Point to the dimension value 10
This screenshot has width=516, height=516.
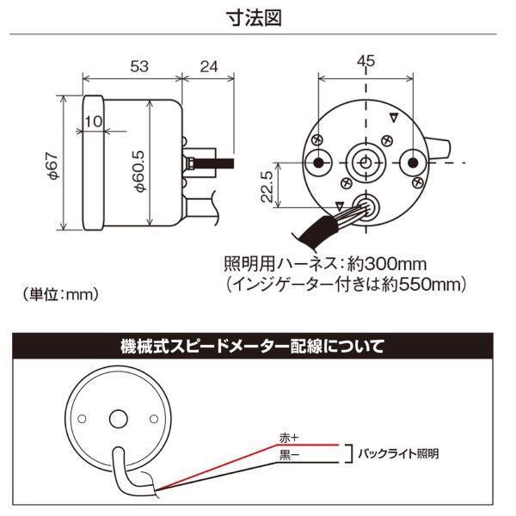(x=95, y=122)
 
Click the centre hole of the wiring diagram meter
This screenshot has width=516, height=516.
(x=114, y=419)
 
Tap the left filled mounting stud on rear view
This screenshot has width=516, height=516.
(x=319, y=163)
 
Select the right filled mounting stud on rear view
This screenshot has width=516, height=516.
(x=414, y=163)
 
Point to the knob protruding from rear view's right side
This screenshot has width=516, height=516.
(x=442, y=148)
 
